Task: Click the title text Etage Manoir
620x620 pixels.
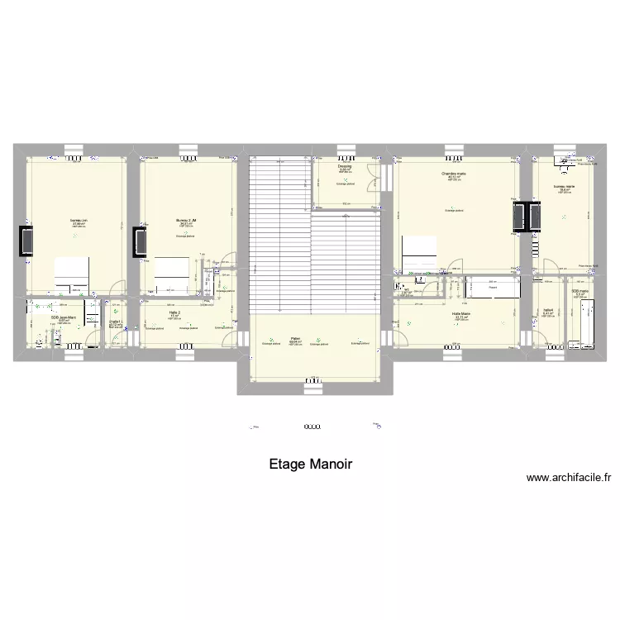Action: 310,465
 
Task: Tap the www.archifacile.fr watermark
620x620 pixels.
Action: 567,477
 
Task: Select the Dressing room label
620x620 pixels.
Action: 345,167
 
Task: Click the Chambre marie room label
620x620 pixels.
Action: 453,174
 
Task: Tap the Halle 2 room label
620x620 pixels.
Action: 174,312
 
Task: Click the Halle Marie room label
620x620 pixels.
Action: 460,314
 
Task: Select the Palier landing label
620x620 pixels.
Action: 295,337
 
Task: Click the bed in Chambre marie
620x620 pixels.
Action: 421,252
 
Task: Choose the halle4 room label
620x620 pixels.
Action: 547,311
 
